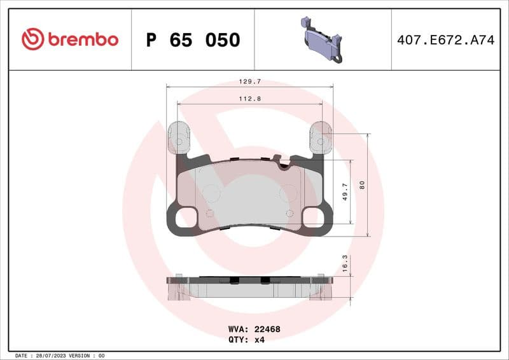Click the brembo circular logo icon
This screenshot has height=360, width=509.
(x=32, y=39)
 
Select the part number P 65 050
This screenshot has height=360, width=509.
(x=193, y=40)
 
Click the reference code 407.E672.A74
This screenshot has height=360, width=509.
(x=445, y=40)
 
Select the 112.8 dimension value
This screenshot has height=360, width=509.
(x=249, y=98)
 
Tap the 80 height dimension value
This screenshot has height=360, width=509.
(x=362, y=185)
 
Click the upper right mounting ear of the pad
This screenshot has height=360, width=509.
(x=320, y=140)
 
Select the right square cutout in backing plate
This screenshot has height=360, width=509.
(x=312, y=218)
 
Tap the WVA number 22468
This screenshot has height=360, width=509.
(x=267, y=329)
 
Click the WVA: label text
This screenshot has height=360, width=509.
(x=238, y=329)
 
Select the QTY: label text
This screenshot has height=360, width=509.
(x=238, y=340)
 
